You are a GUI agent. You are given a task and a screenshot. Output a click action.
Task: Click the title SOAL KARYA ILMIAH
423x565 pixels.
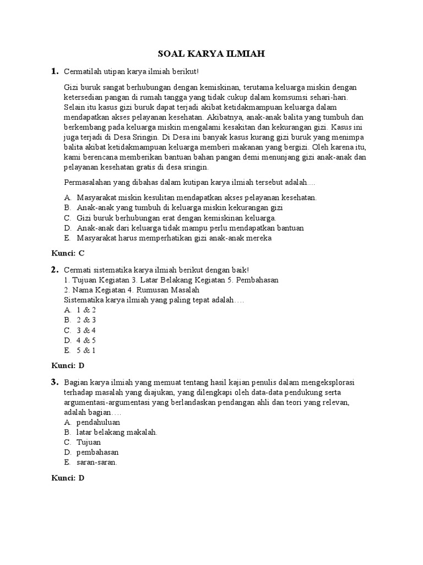211,54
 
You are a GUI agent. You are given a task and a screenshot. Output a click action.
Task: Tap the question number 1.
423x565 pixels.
55,71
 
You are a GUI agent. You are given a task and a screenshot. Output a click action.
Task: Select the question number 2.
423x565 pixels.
55,269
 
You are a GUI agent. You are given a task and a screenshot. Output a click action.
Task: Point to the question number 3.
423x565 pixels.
55,382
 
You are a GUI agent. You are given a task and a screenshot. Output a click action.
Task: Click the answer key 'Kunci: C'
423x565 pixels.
67,254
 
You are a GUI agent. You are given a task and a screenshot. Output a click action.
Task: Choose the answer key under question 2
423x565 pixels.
67,365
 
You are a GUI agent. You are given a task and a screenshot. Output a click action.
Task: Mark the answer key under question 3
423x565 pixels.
67,478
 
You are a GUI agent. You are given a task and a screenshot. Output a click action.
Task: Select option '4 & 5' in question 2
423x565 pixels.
86,340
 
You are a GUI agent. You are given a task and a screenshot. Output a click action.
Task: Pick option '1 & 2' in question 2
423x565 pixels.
86,310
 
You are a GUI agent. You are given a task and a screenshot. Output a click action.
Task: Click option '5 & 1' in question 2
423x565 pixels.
86,350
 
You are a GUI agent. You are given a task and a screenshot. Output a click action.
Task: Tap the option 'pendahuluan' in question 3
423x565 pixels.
99,422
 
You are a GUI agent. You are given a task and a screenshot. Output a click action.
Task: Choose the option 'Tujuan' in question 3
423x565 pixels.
89,442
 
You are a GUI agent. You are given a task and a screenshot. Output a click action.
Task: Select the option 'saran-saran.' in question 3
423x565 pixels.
97,462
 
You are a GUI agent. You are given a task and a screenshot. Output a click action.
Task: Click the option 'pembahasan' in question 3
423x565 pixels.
98,452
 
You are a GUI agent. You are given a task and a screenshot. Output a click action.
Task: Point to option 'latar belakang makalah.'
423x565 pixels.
117,432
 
